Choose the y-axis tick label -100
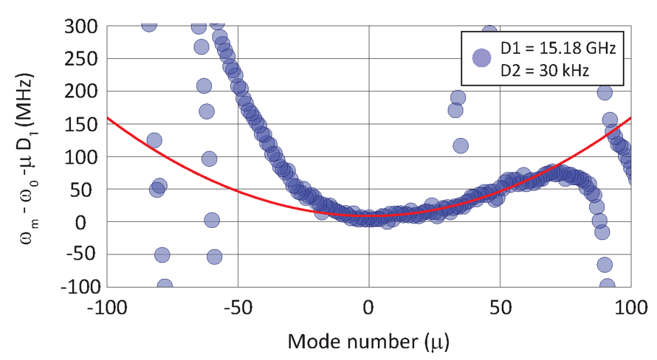[x=78, y=286]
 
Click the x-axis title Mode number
[x=368, y=342]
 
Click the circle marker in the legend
[x=481, y=58]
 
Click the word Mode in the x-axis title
[x=309, y=342]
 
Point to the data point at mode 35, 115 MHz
[x=460, y=145]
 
